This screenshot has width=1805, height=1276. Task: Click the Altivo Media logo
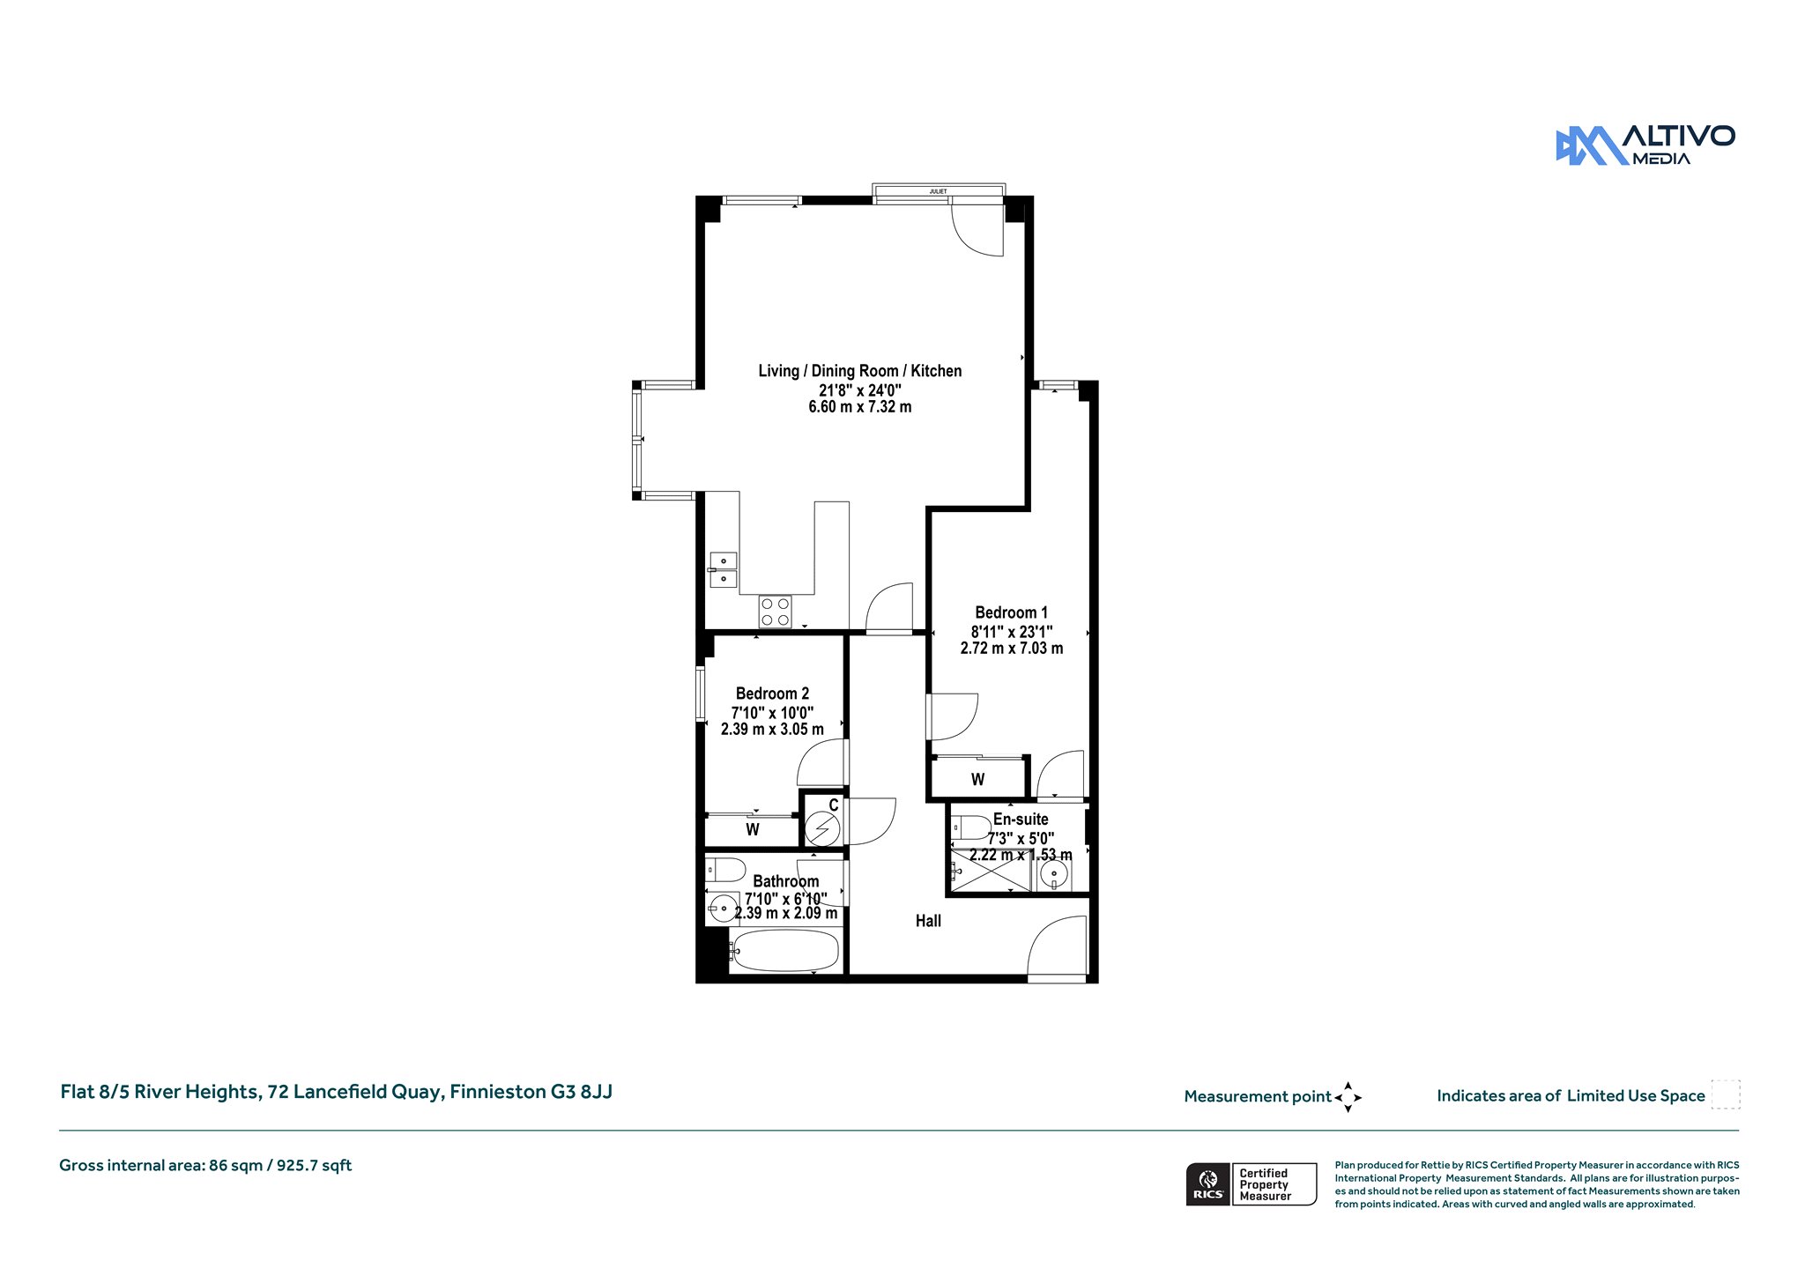click(1645, 145)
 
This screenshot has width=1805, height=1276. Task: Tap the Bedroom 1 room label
click(1012, 612)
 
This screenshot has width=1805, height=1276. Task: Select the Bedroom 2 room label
click(772, 694)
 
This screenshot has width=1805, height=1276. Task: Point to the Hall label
click(928, 921)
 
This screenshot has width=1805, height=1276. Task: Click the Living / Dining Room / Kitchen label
click(860, 371)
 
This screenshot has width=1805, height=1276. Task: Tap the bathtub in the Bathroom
click(784, 951)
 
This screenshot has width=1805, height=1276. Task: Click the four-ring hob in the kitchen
click(775, 612)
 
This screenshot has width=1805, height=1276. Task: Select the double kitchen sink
click(723, 569)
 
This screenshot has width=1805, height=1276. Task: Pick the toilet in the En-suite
click(970, 828)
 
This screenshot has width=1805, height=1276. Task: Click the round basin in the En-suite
click(1052, 874)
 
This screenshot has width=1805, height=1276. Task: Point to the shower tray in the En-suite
click(991, 871)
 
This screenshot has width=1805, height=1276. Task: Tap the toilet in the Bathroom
click(725, 871)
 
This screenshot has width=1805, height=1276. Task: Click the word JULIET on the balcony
click(939, 191)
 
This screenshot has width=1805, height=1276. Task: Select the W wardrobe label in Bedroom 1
click(977, 780)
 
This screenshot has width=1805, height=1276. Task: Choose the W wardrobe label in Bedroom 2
click(753, 829)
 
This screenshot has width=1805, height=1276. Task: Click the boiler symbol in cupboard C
click(823, 829)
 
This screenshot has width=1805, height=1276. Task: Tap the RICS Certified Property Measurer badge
click(1252, 1184)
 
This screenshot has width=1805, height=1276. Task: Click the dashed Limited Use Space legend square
click(1726, 1094)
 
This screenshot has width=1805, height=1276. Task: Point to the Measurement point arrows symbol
click(1348, 1097)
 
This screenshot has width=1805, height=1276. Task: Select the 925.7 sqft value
click(315, 1166)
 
